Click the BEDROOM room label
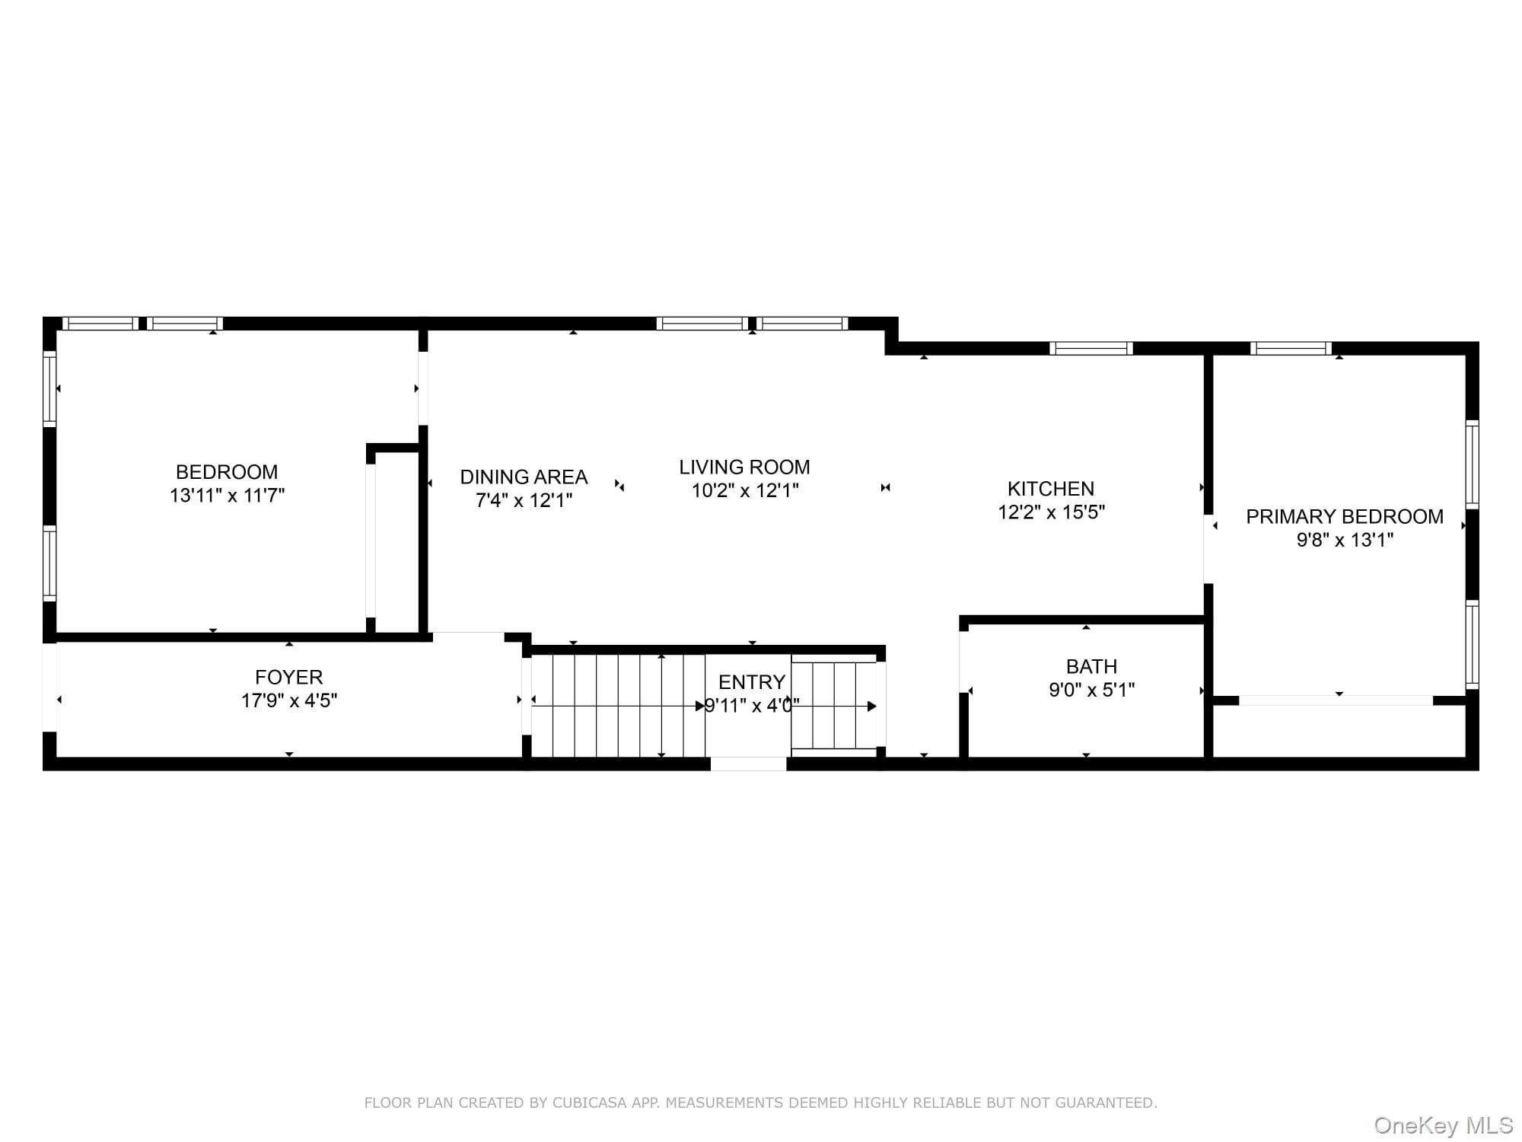(226, 472)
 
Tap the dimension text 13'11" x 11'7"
(227, 496)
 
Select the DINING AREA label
(524, 477)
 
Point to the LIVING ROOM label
(744, 467)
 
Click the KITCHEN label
(1050, 489)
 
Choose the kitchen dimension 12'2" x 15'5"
(1051, 512)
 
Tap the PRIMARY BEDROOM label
(1344, 517)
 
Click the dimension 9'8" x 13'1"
(1345, 541)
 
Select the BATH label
(1091, 667)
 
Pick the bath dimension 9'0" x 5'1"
(1091, 691)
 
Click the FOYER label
(288, 678)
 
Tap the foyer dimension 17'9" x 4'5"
(289, 701)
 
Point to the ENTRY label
(751, 682)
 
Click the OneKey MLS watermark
(1443, 1125)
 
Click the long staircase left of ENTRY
(617, 706)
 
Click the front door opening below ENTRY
(748, 764)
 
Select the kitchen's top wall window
(1091, 349)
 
